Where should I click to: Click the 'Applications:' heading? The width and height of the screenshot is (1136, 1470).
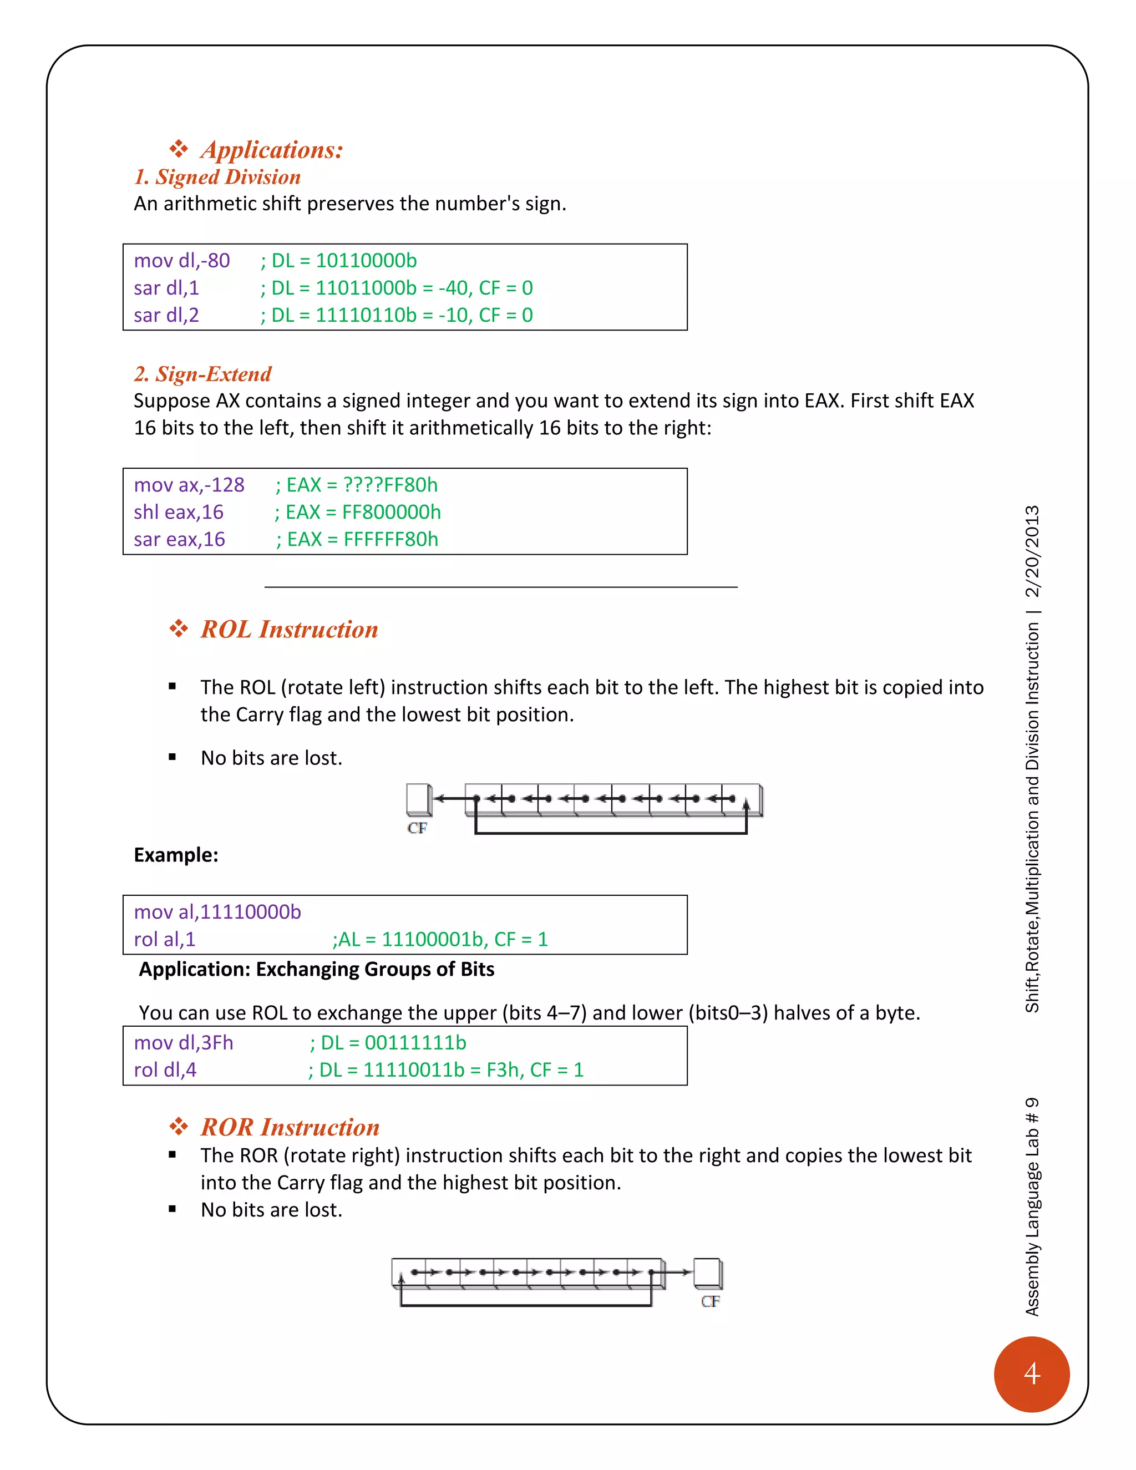point(272,149)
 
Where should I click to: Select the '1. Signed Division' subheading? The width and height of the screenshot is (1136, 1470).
point(217,177)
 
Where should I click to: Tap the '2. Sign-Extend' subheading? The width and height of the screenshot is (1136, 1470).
point(202,374)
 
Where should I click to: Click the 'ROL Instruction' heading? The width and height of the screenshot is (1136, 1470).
point(290,630)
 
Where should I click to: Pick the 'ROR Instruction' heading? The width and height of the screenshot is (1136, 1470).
point(290,1127)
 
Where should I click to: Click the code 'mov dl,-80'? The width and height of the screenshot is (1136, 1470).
point(182,261)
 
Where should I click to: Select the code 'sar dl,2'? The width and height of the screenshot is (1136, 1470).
point(166,315)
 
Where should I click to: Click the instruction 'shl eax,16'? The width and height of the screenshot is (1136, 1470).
point(179,512)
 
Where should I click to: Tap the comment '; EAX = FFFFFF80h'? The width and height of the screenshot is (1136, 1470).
point(357,540)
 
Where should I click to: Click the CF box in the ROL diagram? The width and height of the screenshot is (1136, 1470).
point(418,799)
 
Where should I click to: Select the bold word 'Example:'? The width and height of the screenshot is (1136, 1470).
point(176,855)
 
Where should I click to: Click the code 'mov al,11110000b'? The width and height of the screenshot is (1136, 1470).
point(217,912)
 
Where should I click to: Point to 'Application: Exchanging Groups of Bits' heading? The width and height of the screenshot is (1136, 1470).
point(316,969)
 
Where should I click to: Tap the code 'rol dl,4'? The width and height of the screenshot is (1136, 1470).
point(165,1070)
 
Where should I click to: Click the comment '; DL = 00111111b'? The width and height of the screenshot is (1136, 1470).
point(388,1043)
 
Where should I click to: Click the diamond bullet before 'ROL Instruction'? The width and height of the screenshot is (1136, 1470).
point(179,630)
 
